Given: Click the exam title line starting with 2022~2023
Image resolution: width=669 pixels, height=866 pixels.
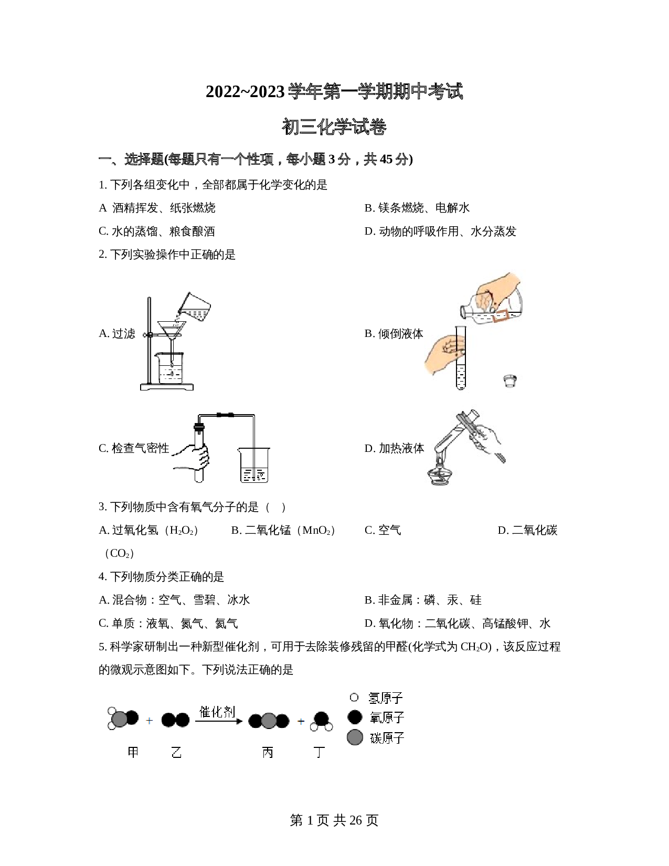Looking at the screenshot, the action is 334,92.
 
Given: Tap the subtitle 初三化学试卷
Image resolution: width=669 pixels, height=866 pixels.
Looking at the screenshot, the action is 334,127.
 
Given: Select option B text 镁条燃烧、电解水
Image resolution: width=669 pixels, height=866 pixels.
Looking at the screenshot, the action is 417,208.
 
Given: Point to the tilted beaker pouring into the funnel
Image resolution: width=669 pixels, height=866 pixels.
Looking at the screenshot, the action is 194,306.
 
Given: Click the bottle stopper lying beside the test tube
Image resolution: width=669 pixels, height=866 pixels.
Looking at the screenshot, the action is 509,381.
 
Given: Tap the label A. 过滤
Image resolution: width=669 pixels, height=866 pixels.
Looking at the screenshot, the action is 117,334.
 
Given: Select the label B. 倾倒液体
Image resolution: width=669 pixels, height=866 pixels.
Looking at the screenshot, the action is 394,334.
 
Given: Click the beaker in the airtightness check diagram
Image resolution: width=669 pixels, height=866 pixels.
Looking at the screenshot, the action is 254,464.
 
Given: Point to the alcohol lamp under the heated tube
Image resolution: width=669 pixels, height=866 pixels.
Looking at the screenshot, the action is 440,472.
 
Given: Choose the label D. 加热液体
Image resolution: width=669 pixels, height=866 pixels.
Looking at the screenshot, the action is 394,448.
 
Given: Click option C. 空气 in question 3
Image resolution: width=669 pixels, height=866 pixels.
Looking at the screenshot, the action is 383,530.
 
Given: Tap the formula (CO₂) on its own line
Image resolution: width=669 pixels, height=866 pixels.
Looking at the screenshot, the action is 119,553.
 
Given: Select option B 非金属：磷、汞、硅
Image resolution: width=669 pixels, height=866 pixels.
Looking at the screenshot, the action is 423,600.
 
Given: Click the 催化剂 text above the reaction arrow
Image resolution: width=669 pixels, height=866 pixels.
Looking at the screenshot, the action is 217,712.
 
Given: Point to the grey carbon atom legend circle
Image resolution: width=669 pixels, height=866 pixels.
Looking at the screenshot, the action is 355,737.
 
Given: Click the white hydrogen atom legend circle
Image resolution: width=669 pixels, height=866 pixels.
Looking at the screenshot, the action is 354,698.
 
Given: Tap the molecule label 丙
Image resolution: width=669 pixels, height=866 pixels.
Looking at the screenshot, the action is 268,752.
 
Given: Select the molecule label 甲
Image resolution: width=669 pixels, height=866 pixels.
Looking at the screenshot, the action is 133,752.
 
